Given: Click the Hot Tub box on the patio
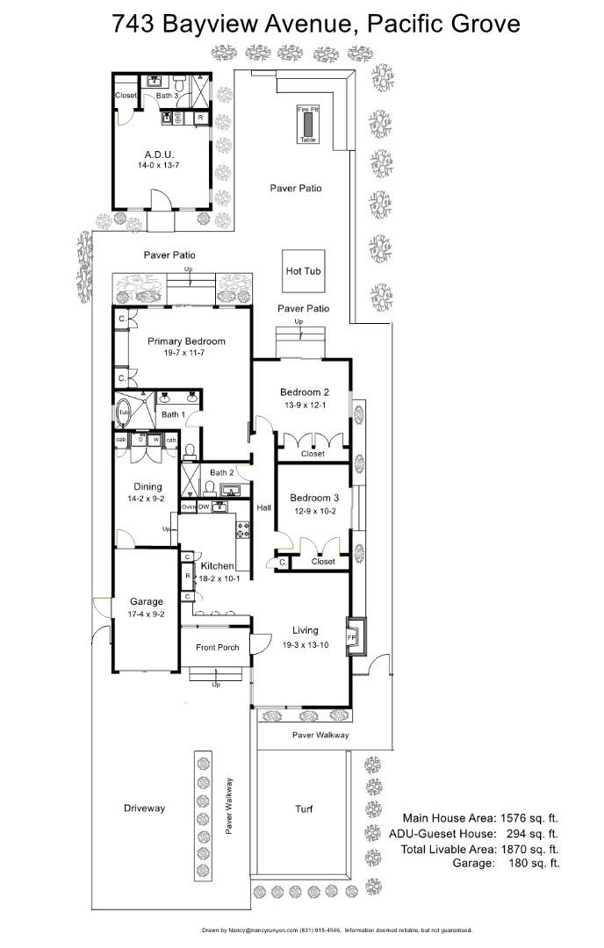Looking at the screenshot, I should [x=303, y=271].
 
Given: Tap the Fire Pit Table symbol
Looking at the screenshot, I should [x=307, y=125].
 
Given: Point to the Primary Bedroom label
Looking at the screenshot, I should [x=186, y=341].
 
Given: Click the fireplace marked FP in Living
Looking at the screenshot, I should [x=352, y=636].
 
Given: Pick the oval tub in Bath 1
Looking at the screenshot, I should [x=124, y=411].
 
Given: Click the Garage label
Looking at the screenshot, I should [x=146, y=601].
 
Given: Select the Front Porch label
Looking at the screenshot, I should [x=217, y=648].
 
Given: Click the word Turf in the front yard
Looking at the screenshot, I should [x=304, y=808].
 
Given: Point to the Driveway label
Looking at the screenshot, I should [x=144, y=808].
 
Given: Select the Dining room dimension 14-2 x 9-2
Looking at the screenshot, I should [x=147, y=499].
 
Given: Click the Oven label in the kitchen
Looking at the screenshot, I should [x=188, y=507].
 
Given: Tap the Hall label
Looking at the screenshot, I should [x=263, y=507].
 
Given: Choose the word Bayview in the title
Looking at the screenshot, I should [x=209, y=23].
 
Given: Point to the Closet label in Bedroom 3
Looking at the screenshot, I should [x=323, y=562].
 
